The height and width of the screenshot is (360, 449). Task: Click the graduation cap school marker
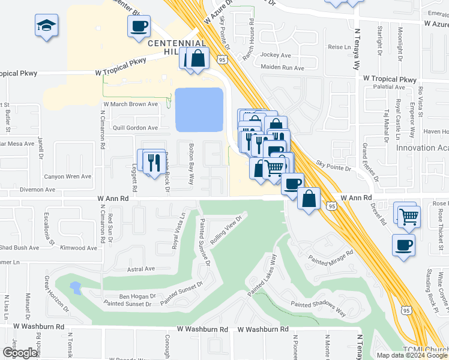tap(46, 26)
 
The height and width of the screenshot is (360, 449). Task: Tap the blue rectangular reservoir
tap(199, 109)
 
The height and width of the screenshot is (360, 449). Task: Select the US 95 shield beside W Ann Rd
tap(331, 206)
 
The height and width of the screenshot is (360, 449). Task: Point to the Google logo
tap(20, 353)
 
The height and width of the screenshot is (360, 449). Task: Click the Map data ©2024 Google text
tap(411, 355)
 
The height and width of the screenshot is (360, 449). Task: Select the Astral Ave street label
tap(141, 269)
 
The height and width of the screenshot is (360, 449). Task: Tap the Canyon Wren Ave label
tap(68, 176)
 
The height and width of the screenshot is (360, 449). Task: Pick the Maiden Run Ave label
tap(282, 68)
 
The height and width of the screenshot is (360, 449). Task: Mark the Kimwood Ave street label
tap(79, 248)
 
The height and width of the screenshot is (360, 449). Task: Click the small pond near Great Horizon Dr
tap(75, 287)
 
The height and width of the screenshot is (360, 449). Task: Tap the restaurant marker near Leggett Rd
tap(155, 162)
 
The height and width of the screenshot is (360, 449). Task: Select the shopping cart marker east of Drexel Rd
tap(409, 217)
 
